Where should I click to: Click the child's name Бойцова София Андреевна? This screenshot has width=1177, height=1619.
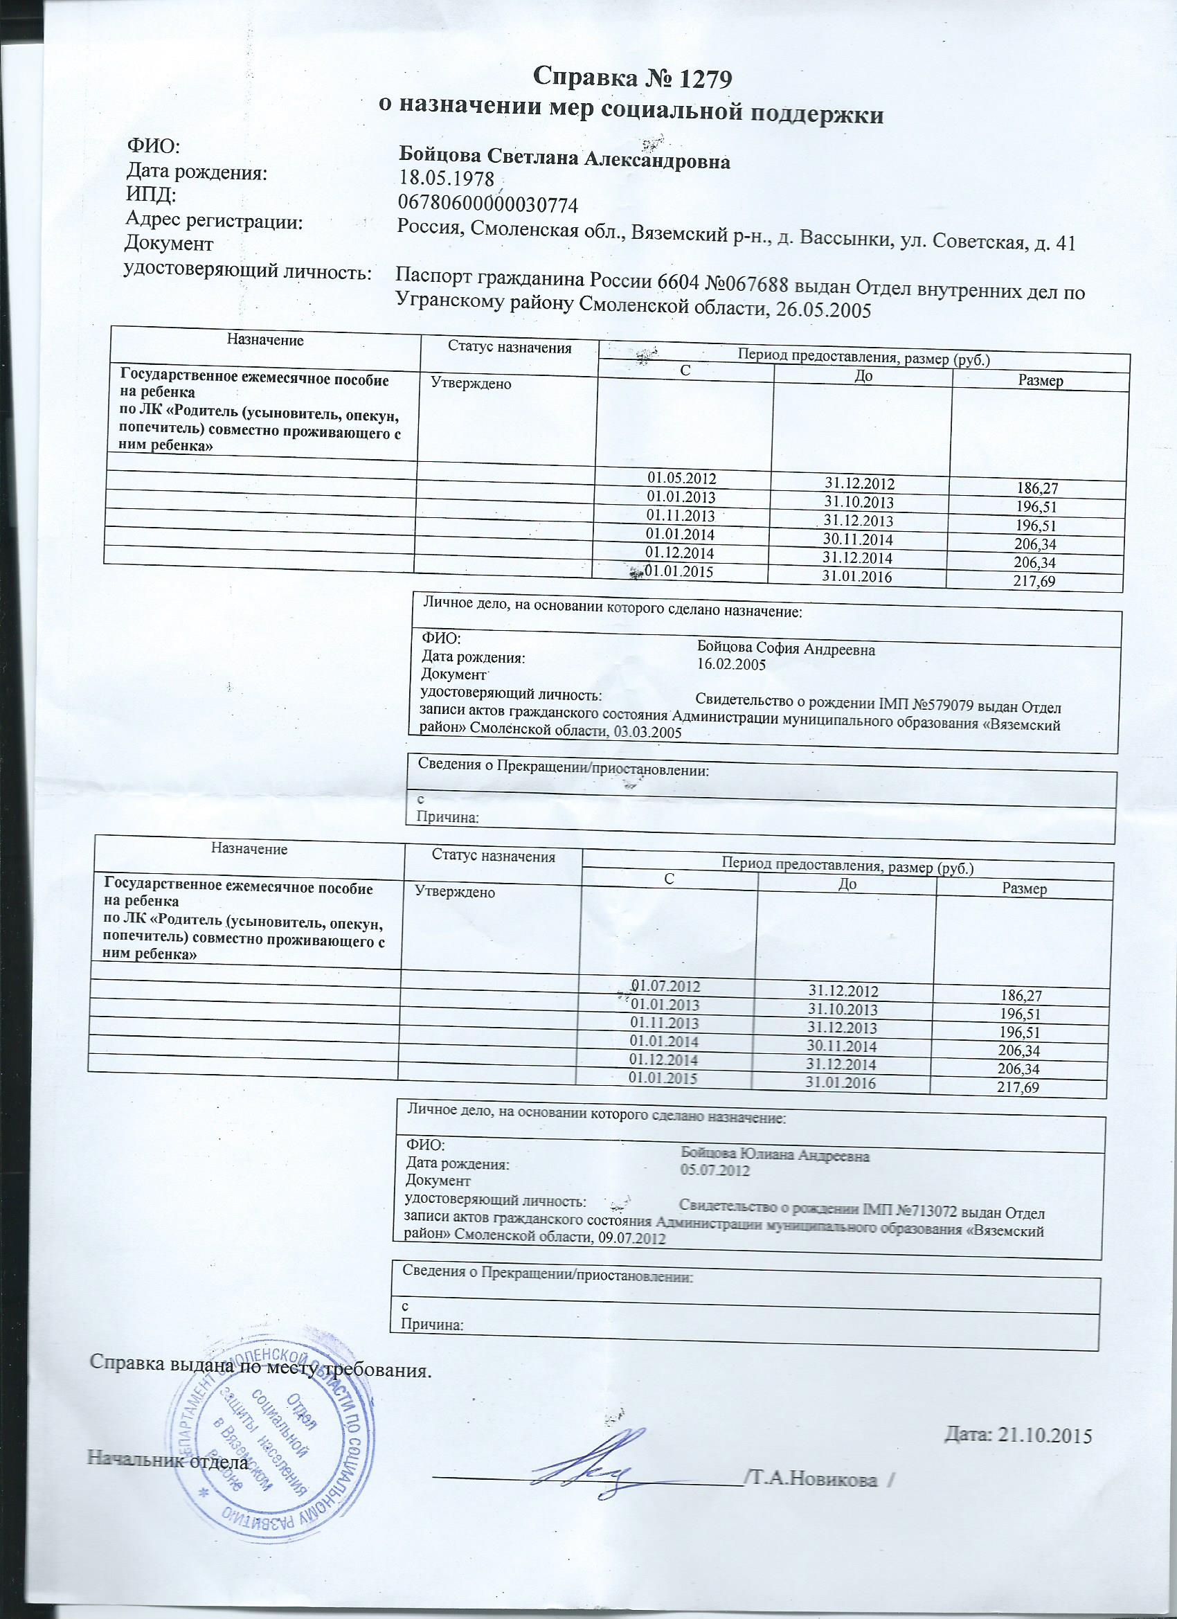pyautogui.click(x=785, y=650)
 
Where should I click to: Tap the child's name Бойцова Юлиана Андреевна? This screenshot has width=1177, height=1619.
pyautogui.click(x=775, y=1154)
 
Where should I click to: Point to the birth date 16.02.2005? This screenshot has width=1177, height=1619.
pyautogui.click(x=731, y=665)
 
